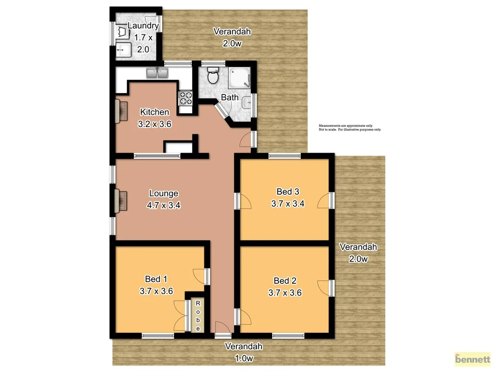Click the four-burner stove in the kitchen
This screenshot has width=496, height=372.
coord(186,98)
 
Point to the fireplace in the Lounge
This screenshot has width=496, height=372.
coord(121,201)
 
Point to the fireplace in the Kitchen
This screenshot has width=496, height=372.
coord(121,111)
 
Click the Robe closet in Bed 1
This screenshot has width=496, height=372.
coord(198,316)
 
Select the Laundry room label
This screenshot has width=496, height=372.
coord(142,26)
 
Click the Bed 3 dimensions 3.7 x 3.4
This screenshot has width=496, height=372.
coord(287,203)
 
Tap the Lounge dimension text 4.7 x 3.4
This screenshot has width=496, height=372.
coord(164,205)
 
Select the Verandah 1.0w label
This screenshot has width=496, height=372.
coord(244,352)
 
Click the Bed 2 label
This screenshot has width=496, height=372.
coord(285,280)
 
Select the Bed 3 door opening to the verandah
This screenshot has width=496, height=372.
coord(326,201)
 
